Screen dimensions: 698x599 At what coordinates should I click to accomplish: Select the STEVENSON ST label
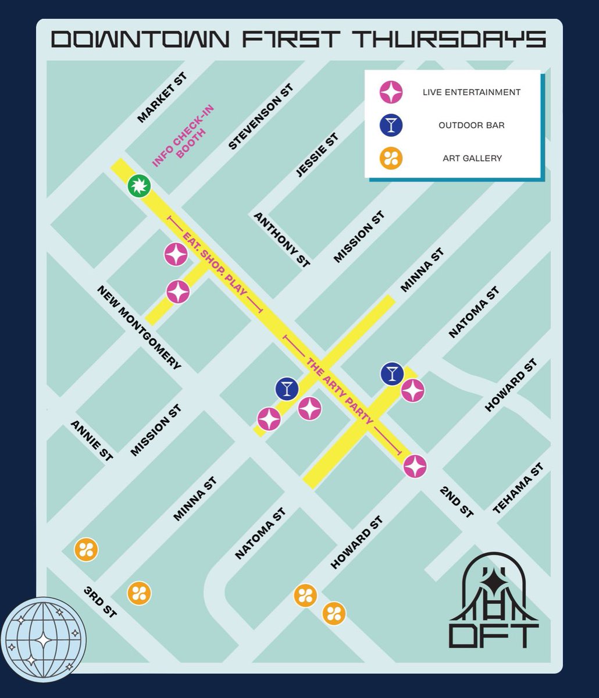point(261,116)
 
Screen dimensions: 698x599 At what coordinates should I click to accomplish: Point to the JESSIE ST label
point(317,155)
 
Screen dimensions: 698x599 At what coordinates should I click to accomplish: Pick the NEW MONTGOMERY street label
point(140,327)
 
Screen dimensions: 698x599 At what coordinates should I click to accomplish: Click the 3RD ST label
point(100,601)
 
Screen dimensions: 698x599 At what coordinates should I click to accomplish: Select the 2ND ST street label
point(457,502)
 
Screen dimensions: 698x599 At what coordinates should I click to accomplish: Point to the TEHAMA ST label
point(518,489)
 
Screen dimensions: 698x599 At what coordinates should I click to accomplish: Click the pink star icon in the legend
point(391,92)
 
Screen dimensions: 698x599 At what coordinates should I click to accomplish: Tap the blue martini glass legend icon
point(391,125)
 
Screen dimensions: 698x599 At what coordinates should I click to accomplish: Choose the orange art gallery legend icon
point(391,158)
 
